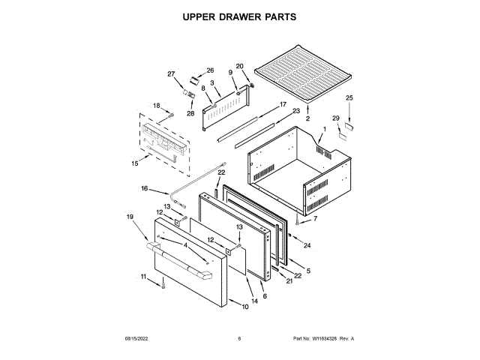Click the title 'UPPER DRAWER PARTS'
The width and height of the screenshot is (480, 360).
click(240, 16)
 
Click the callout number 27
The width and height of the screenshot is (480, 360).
click(170, 73)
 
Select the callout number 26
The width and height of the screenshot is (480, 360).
click(210, 70)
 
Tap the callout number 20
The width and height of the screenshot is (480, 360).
click(239, 66)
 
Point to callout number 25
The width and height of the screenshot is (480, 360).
click(349, 98)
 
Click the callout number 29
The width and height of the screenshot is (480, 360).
click(335, 118)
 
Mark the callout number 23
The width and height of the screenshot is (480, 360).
click(295, 111)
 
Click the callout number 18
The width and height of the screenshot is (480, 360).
click(157, 106)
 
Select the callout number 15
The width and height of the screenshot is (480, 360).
click(135, 162)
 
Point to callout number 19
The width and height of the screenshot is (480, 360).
click(130, 217)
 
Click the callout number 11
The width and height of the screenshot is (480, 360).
click(145, 277)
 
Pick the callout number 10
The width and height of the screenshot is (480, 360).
click(244, 307)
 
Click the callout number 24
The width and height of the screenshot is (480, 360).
click(307, 244)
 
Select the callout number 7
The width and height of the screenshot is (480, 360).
click(315, 218)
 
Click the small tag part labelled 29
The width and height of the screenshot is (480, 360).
click(342, 133)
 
